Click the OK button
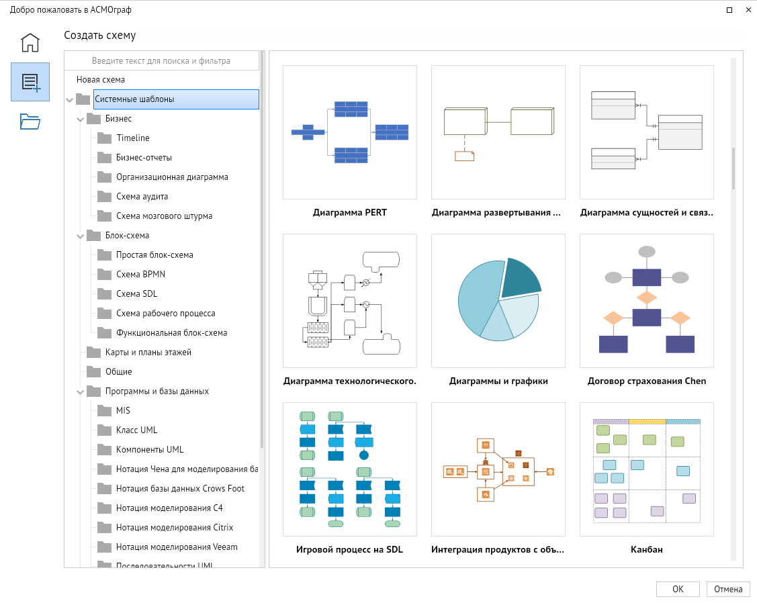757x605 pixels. (678, 589)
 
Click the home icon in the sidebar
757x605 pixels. (30, 42)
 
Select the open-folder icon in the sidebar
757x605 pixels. (30, 122)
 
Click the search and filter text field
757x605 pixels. (161, 61)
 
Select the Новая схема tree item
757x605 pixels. (101, 80)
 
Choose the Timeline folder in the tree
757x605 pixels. (133, 138)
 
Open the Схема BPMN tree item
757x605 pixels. (140, 275)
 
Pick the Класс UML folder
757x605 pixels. (136, 430)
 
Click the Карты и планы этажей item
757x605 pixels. (148, 353)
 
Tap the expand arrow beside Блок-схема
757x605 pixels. (80, 236)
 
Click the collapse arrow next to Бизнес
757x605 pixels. (80, 119)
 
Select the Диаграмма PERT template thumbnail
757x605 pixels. (350, 132)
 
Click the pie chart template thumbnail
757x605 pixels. (498, 301)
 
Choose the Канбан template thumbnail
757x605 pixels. (647, 469)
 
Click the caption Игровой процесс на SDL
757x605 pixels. (349, 549)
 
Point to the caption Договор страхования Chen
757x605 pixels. (647, 381)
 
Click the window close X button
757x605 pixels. (748, 9)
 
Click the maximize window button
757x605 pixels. (729, 9)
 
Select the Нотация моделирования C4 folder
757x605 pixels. (169, 508)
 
